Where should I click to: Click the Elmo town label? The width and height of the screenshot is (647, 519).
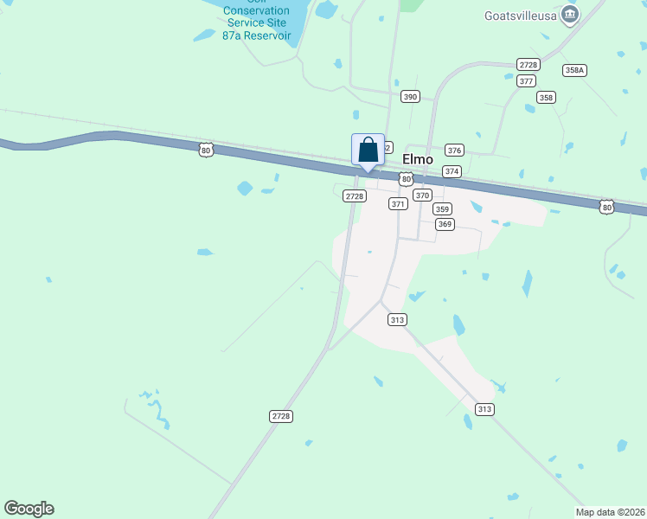(418, 159)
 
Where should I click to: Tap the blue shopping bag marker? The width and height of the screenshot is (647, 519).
(368, 150)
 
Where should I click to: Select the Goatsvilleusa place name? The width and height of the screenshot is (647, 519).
(518, 14)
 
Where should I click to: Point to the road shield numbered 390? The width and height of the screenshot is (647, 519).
(410, 97)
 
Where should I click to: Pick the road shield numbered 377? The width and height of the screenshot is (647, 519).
(526, 80)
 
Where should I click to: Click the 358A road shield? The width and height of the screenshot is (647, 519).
(574, 70)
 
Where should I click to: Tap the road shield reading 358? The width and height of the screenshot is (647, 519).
(545, 98)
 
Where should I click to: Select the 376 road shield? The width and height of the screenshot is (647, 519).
(454, 150)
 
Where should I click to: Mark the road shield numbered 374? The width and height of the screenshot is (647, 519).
(452, 171)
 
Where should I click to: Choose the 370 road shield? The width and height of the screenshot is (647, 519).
(422, 195)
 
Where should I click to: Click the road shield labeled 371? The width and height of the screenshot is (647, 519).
(398, 204)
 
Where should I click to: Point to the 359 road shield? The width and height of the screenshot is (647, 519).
(442, 209)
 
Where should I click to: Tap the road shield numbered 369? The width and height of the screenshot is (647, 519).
(445, 224)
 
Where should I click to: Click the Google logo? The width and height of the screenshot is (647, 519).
(29, 509)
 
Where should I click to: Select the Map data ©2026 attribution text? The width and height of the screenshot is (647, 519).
(610, 512)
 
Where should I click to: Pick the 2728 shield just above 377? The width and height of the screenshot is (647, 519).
(528, 65)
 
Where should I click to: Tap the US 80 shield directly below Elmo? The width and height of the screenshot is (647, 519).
(406, 178)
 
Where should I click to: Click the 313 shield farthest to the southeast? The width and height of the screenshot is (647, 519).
(484, 408)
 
